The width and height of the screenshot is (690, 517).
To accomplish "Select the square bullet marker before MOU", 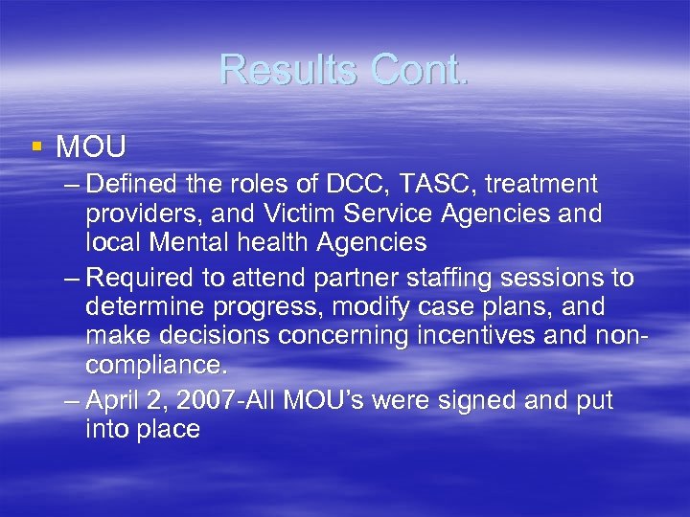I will (x=36, y=146).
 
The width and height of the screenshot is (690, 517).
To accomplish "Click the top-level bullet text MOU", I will (x=91, y=147).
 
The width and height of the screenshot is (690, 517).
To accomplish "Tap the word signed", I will (x=475, y=400).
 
